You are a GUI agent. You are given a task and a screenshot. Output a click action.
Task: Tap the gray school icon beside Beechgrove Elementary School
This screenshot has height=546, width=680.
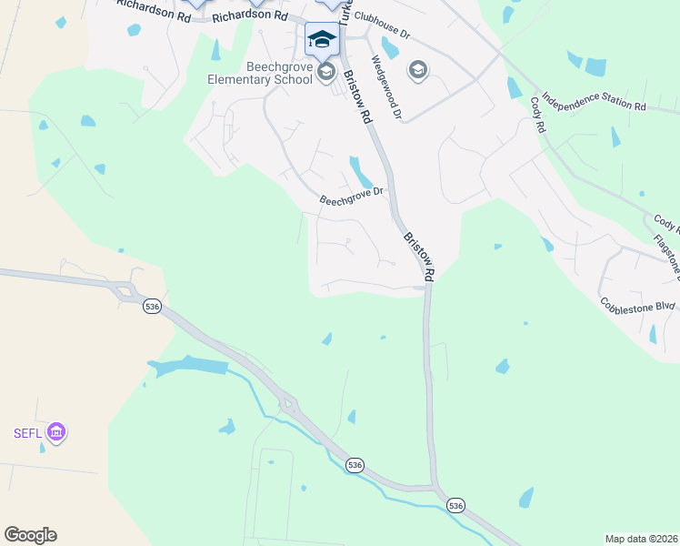coord(326,72)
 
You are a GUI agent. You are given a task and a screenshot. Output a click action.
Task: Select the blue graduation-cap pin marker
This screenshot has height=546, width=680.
coord(322,39)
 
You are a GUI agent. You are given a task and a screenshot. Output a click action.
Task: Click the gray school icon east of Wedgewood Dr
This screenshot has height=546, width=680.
coord(418,70)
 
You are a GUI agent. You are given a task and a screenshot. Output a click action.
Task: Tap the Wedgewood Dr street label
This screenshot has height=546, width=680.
coord(386,88)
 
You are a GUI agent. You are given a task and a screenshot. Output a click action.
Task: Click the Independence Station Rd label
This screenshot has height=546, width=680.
coord(593,101)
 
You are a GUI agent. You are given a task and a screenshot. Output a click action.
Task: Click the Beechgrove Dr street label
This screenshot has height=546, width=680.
coord(354,196)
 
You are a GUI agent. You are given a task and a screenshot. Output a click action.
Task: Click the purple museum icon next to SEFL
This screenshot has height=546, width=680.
coord(56,430)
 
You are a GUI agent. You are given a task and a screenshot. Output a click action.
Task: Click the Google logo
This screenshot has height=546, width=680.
coord(30,535)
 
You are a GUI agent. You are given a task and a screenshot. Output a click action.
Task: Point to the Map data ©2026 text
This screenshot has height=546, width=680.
coord(641,539)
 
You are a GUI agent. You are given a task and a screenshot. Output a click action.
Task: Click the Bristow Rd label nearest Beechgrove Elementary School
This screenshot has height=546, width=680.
coord(357,96)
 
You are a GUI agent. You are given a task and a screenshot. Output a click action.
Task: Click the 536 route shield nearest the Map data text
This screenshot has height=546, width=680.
coord(455,505)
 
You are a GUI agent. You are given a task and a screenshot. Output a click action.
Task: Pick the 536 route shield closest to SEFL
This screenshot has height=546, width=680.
coord(152,308)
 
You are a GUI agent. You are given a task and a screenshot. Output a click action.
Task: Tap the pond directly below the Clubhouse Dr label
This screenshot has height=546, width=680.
coord(391,47)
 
